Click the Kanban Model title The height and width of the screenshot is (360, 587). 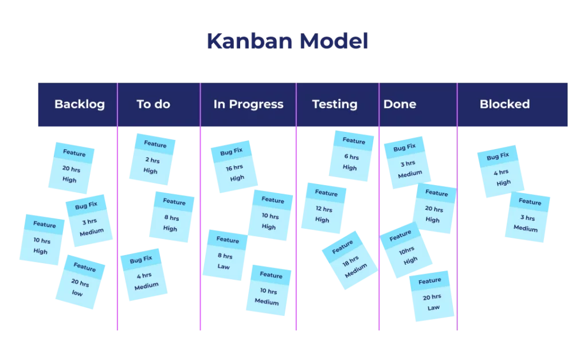[288, 41]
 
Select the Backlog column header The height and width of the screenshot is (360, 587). [79, 104]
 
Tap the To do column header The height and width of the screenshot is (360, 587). [153, 104]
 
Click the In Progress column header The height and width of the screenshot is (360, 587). [248, 104]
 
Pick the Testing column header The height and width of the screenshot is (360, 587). [334, 104]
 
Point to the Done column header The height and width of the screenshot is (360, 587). [400, 104]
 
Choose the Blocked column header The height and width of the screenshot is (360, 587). [504, 104]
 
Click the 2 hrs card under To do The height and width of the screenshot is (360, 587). [152, 158]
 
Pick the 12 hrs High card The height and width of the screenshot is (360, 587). [324, 208]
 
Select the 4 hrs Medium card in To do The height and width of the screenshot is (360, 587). [144, 275]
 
